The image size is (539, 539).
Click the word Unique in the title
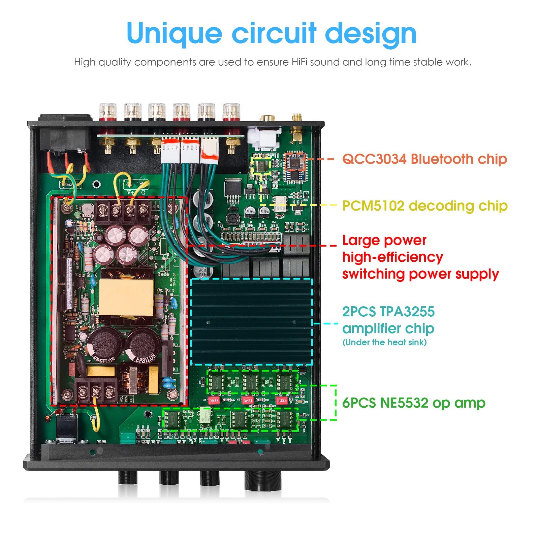pyautogui.click(x=174, y=34)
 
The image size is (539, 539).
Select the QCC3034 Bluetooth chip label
pyautogui.click(x=424, y=159)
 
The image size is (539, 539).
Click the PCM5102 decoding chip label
pyautogui.click(x=424, y=206)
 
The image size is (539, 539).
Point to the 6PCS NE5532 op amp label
pyautogui.click(x=413, y=403)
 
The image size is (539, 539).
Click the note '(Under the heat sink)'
pyautogui.click(x=384, y=343)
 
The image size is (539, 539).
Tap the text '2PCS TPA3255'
pyautogui.click(x=388, y=312)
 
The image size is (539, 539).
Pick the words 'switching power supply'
pyautogui.click(x=420, y=274)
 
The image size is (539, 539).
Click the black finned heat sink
pyautogui.click(x=251, y=322)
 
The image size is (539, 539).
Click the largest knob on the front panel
pyautogui.click(x=262, y=480)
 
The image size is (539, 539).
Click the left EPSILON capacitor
pyautogui.click(x=104, y=344)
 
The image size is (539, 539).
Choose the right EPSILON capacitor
pyautogui.click(x=143, y=344)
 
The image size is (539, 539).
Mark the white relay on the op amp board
pyautogui.click(x=205, y=415)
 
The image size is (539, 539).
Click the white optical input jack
pyautogui.click(x=264, y=138)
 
